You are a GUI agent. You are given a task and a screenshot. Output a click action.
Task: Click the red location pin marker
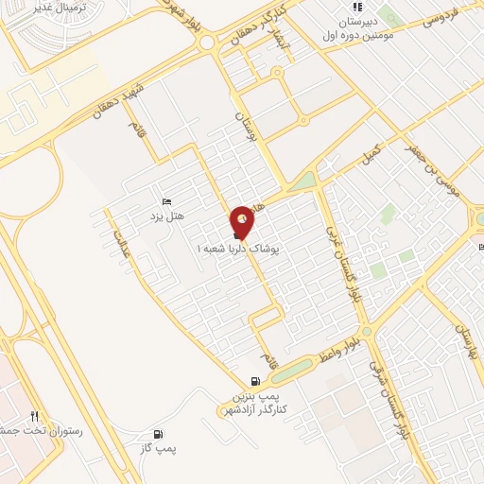click(242, 222)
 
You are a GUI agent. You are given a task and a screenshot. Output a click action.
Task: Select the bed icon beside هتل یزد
click(166, 201)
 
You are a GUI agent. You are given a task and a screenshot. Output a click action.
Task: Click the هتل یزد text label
click(166, 216)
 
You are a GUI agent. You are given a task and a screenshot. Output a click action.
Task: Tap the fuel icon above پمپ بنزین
click(254, 380)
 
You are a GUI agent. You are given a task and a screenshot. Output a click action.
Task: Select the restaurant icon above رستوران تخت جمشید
click(35, 415)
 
